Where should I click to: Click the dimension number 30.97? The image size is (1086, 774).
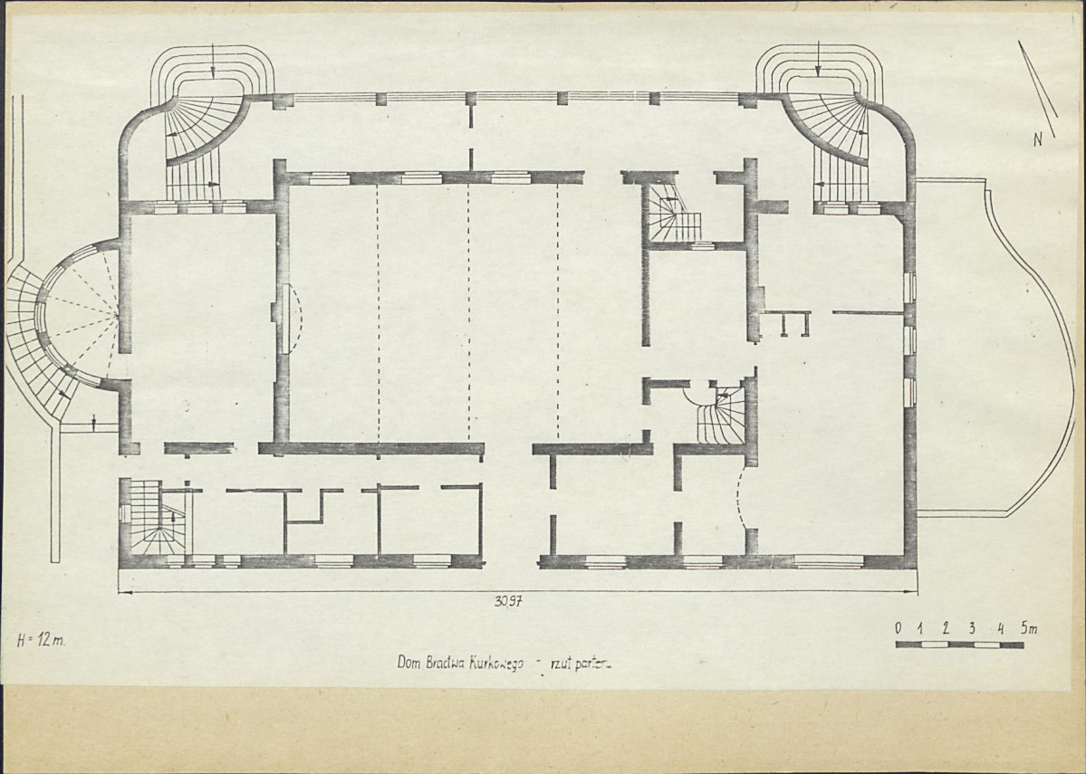click(x=508, y=601)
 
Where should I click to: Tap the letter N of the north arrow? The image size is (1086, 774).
click(x=1038, y=139)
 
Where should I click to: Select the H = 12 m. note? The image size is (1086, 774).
click(x=41, y=640)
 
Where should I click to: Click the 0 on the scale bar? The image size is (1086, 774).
click(x=899, y=628)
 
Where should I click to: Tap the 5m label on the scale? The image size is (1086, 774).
click(x=1029, y=628)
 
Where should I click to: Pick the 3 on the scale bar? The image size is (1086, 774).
click(x=972, y=628)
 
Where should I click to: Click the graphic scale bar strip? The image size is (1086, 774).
click(x=959, y=645)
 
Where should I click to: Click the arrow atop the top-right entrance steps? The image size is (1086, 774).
click(x=817, y=58)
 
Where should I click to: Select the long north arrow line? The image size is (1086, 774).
click(x=1037, y=89)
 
